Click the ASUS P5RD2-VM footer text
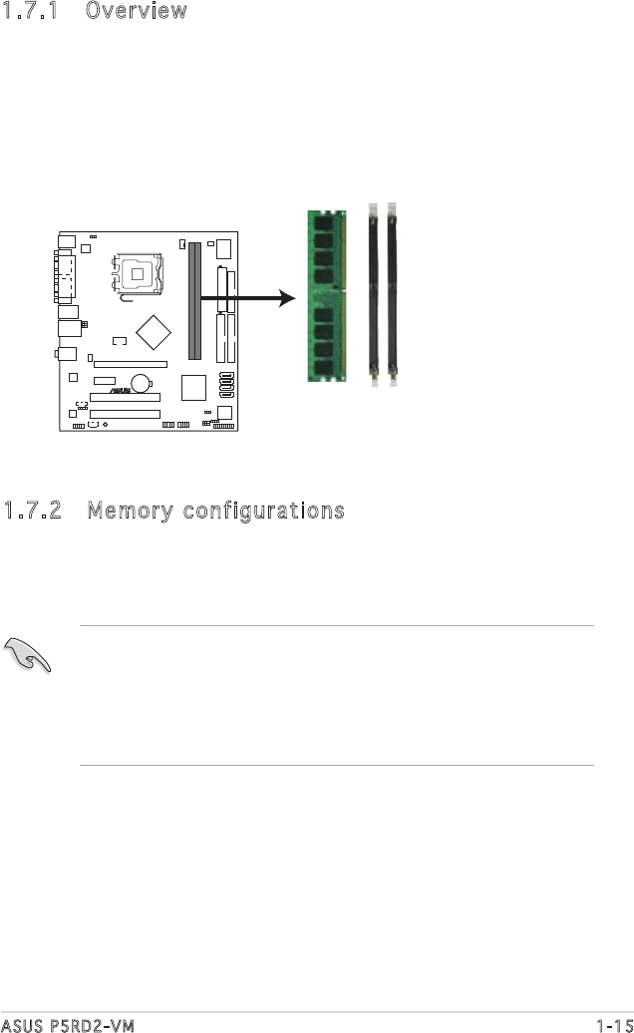pos(67,1023)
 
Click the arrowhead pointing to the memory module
pos(289,297)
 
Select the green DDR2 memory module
pos(326,296)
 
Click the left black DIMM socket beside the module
pos(374,296)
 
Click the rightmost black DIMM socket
pos(393,296)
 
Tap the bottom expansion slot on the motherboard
pos(125,413)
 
